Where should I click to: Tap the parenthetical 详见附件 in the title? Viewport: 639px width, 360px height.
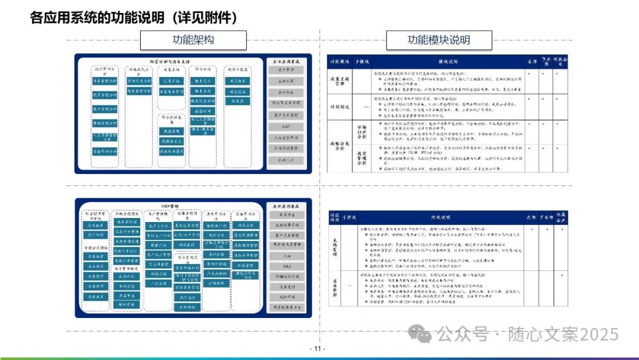coord(205,18)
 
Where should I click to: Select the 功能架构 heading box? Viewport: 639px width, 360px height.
coord(193,40)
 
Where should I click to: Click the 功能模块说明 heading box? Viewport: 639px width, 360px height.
coord(438,40)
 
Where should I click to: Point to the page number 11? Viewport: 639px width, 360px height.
coord(318,349)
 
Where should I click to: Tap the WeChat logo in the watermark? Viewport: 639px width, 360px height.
coord(423,335)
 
